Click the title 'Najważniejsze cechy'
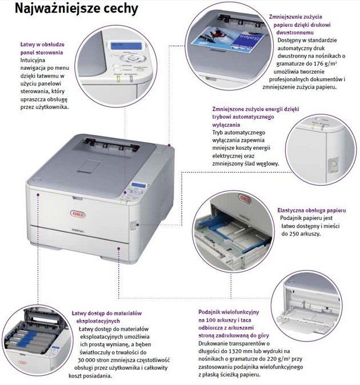click(77, 9)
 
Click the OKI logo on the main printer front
click(78, 214)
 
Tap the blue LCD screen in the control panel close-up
click(126, 46)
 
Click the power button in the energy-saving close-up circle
click(333, 164)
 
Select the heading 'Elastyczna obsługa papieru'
click(311, 210)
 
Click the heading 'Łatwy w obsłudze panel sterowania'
click(42, 49)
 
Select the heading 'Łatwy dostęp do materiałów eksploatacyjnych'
click(107, 317)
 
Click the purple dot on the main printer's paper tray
click(119, 248)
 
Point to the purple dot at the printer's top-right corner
click(169, 145)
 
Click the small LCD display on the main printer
click(138, 185)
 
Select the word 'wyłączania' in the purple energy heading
click(226, 125)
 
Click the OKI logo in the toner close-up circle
click(23, 363)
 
